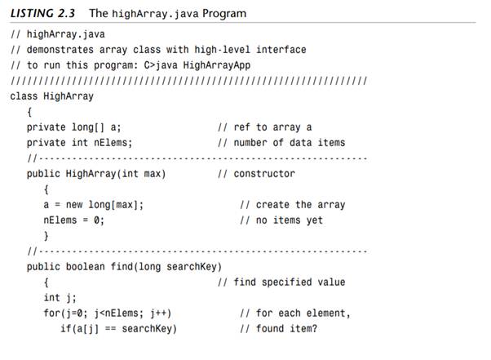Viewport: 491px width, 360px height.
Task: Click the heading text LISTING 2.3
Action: (x=42, y=14)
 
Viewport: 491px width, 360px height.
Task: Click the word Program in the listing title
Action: (x=224, y=14)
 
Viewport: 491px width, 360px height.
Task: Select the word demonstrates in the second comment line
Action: (x=60, y=50)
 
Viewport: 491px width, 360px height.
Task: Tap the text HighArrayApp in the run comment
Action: (x=217, y=65)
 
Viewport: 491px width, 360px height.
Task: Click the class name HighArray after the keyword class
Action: (x=69, y=96)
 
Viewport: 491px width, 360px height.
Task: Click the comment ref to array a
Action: (x=272, y=127)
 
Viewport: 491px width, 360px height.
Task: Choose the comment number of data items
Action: (x=290, y=143)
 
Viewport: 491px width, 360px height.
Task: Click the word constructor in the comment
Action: (x=264, y=174)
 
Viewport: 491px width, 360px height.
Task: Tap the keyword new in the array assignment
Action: (x=74, y=205)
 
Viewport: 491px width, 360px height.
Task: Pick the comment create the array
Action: (x=301, y=205)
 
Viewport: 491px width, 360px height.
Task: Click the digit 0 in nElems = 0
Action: (x=96, y=220)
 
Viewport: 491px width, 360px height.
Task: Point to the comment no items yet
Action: (x=290, y=220)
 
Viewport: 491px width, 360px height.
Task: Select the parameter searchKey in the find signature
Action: (x=192, y=267)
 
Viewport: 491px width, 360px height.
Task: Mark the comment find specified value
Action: (x=290, y=282)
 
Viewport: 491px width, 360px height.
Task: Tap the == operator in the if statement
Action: (x=110, y=329)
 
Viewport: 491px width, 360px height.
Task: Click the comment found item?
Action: (x=286, y=329)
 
